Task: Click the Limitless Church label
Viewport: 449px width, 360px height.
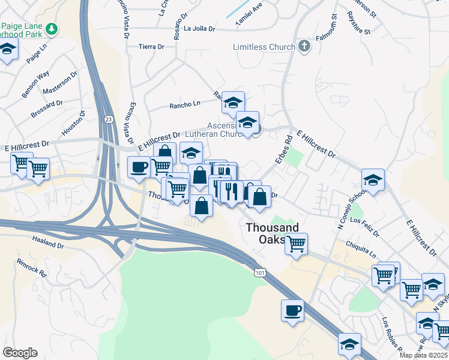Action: pyautogui.click(x=264, y=47)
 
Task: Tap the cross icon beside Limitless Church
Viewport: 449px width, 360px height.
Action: pyautogui.click(x=304, y=46)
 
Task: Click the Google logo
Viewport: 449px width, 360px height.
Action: pyautogui.click(x=20, y=353)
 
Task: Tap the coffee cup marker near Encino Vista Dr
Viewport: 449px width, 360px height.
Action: pyautogui.click(x=139, y=167)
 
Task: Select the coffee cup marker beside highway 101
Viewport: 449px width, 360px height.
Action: pyautogui.click(x=292, y=311)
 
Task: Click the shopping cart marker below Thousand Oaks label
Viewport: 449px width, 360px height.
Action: pyautogui.click(x=296, y=244)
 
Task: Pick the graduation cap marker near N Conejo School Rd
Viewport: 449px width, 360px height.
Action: pyautogui.click(x=373, y=179)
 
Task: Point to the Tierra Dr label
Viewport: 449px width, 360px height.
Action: pyautogui.click(x=151, y=46)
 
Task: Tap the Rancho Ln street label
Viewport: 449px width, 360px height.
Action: pyautogui.click(x=184, y=104)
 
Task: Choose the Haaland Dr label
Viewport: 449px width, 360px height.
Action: pyautogui.click(x=48, y=245)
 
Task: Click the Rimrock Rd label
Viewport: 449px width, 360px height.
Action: pyautogui.click(x=32, y=268)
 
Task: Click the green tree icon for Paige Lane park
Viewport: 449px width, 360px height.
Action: pyautogui.click(x=53, y=28)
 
